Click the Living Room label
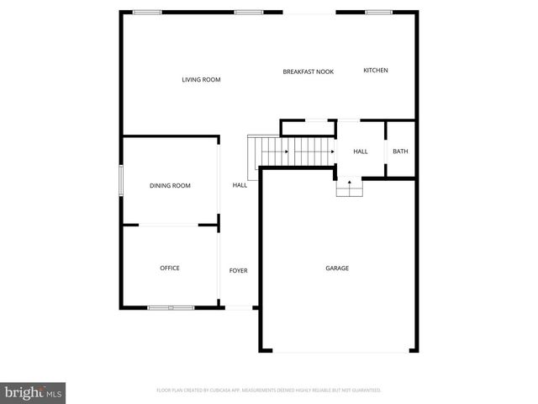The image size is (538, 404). pyautogui.click(x=201, y=80)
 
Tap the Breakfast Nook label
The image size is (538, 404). pyautogui.click(x=308, y=72)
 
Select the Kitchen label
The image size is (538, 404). pyautogui.click(x=375, y=71)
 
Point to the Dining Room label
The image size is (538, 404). pyautogui.click(x=170, y=185)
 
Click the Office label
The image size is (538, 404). pyautogui.click(x=170, y=268)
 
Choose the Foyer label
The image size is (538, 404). pyautogui.click(x=239, y=270)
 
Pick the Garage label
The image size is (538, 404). pyautogui.click(x=337, y=268)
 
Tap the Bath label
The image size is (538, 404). pyautogui.click(x=400, y=151)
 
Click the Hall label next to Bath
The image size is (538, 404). pyautogui.click(x=360, y=151)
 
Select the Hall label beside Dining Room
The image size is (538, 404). pyautogui.click(x=240, y=185)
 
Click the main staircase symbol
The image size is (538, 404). pyautogui.click(x=291, y=151)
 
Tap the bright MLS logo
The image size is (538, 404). pyautogui.click(x=34, y=392)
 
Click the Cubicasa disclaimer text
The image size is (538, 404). pyautogui.click(x=269, y=391)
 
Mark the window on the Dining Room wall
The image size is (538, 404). pyautogui.click(x=121, y=181)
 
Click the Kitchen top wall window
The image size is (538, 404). pyautogui.click(x=378, y=12)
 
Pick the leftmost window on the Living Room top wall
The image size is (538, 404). pyautogui.click(x=147, y=12)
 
